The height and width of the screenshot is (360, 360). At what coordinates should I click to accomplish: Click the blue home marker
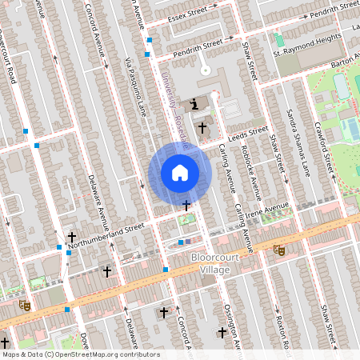(x=180, y=172)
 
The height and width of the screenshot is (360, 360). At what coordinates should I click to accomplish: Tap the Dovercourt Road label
(x=10, y=60)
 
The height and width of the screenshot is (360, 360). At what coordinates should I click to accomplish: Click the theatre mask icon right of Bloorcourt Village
(x=278, y=250)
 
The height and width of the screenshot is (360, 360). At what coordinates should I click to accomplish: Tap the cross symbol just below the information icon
(x=202, y=126)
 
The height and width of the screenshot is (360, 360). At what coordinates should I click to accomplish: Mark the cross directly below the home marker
(x=186, y=206)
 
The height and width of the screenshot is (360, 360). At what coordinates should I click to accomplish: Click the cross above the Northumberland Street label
(x=73, y=237)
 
